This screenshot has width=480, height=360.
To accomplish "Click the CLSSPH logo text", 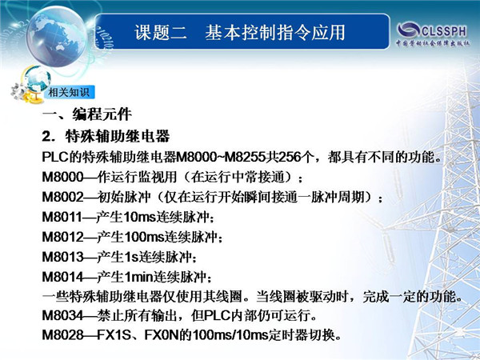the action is coord(444,31).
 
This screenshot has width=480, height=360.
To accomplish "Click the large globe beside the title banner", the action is coord(56,37).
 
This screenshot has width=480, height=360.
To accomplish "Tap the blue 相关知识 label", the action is coord(69,92).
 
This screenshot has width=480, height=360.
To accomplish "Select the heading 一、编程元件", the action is coord(87,114).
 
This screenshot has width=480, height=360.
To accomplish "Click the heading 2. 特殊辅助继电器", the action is coord(106,136).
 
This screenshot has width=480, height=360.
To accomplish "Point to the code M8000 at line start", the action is coord(62,177).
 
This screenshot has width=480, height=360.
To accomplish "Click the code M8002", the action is coord(62,197).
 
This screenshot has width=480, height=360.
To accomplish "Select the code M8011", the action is coord(62,217).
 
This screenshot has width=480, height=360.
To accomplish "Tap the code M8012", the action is coord(62,237).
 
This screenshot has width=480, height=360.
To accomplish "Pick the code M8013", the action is coord(62,257).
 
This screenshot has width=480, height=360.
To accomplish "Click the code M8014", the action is coord(62,277).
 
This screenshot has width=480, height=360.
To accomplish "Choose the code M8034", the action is coord(62,315).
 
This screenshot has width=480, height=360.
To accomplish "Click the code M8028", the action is coord(62,335).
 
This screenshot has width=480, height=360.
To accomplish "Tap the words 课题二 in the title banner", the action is coord(161,33).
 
